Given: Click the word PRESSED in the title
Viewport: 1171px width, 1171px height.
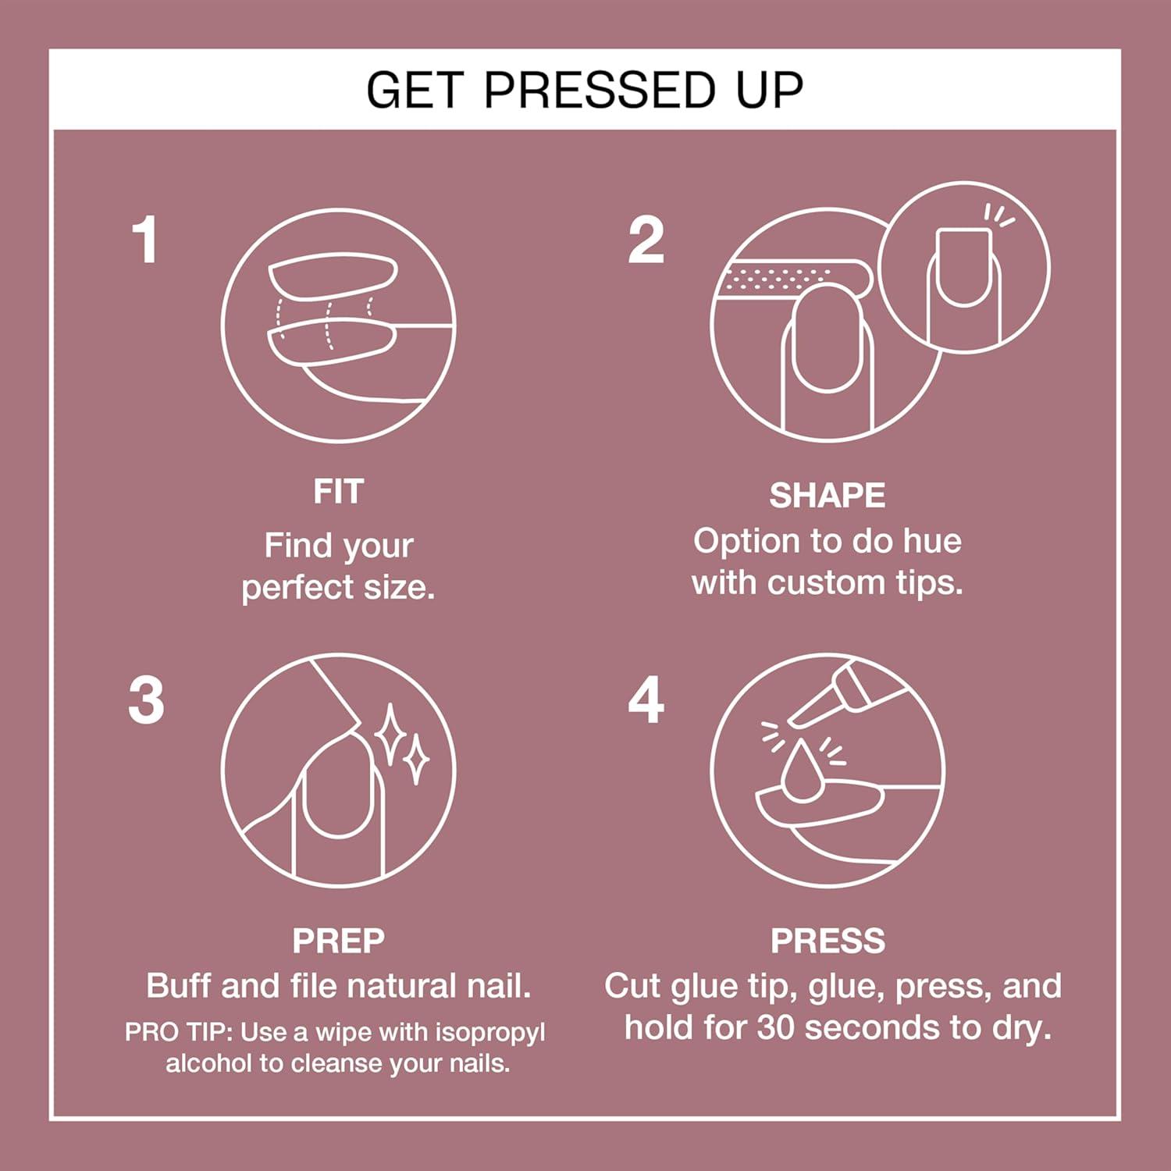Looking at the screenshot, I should tap(599, 90).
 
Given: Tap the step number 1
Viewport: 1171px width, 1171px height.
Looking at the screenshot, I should tap(145, 240).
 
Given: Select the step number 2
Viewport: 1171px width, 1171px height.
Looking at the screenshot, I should tap(646, 240).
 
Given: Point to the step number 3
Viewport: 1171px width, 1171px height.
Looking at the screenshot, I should tap(147, 700).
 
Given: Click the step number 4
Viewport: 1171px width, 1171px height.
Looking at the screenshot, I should tap(646, 700).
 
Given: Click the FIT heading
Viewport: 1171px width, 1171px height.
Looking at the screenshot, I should tap(338, 492).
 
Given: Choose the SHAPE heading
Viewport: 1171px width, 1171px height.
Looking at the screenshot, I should tap(827, 496).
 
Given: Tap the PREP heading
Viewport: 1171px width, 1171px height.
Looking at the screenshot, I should tap(338, 941).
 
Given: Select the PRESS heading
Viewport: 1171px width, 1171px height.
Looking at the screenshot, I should tap(828, 941).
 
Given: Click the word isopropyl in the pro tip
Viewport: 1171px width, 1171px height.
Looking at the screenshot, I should tap(489, 1032).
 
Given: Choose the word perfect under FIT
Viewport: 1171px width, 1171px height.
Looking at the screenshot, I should tap(298, 588).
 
